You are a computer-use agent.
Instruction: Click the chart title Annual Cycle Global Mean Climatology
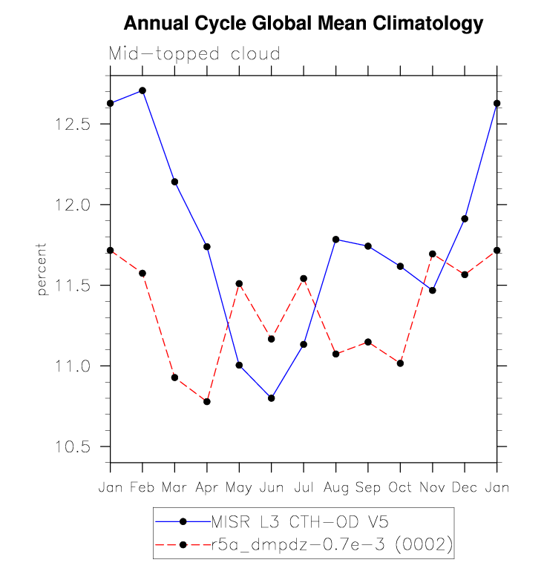click(x=303, y=24)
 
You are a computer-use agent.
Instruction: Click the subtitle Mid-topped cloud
click(x=194, y=54)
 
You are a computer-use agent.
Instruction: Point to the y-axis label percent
click(x=42, y=269)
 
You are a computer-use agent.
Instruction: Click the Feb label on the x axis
click(x=142, y=487)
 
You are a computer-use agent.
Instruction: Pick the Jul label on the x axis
click(x=304, y=487)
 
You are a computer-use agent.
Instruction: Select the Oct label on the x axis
click(x=400, y=487)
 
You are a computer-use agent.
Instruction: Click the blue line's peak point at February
click(x=142, y=90)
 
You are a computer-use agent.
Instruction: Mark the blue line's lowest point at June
click(x=272, y=398)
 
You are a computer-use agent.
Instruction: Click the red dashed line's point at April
click(x=207, y=402)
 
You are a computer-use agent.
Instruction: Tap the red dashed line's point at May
click(x=239, y=283)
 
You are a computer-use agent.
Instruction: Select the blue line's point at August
click(x=336, y=240)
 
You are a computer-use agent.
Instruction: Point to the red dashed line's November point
click(x=433, y=254)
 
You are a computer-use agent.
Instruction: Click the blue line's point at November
click(x=433, y=290)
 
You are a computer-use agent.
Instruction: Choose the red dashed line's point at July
click(x=304, y=279)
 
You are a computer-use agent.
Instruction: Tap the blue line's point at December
click(x=465, y=219)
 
